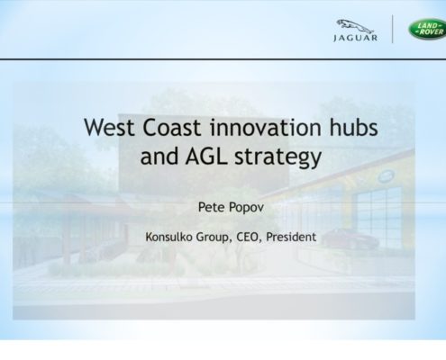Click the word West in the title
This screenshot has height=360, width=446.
pyautogui.click(x=109, y=127)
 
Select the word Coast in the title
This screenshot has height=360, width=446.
pyautogui.click(x=172, y=127)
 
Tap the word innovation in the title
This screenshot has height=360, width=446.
pyautogui.click(x=266, y=127)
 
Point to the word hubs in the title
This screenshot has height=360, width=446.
pyautogui.click(x=353, y=127)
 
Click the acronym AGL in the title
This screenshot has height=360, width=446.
pyautogui.click(x=206, y=156)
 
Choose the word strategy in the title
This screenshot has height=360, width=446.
pyautogui.click(x=278, y=158)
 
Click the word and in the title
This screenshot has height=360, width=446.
pyautogui.click(x=159, y=156)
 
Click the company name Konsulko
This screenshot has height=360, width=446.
pyautogui.click(x=168, y=237)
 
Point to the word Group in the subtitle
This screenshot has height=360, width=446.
pyautogui.click(x=214, y=238)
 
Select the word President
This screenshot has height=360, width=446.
pyautogui.click(x=291, y=237)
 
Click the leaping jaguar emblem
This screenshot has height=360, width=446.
pyautogui.click(x=355, y=26)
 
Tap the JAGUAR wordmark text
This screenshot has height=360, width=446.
pyautogui.click(x=355, y=38)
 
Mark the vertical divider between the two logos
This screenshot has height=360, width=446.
pyautogui.click(x=392, y=29)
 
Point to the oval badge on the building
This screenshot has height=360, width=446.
pyautogui.click(x=386, y=176)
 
